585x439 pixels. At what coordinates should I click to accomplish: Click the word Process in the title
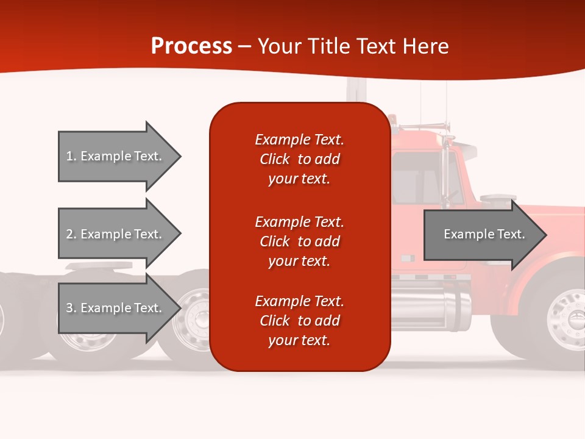pyautogui.click(x=191, y=46)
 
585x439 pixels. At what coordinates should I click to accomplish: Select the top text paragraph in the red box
pyautogui.click(x=299, y=159)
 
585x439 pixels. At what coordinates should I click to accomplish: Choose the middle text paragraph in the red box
pyautogui.click(x=299, y=241)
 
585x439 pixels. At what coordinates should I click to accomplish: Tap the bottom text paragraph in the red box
pyautogui.click(x=299, y=321)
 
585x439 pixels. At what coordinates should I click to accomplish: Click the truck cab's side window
pyautogui.click(x=417, y=177)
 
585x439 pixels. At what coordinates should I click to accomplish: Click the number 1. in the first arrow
pyautogui.click(x=71, y=156)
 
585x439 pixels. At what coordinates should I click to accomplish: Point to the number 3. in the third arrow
pyautogui.click(x=71, y=308)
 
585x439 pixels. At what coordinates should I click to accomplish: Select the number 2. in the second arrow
pyautogui.click(x=71, y=234)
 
